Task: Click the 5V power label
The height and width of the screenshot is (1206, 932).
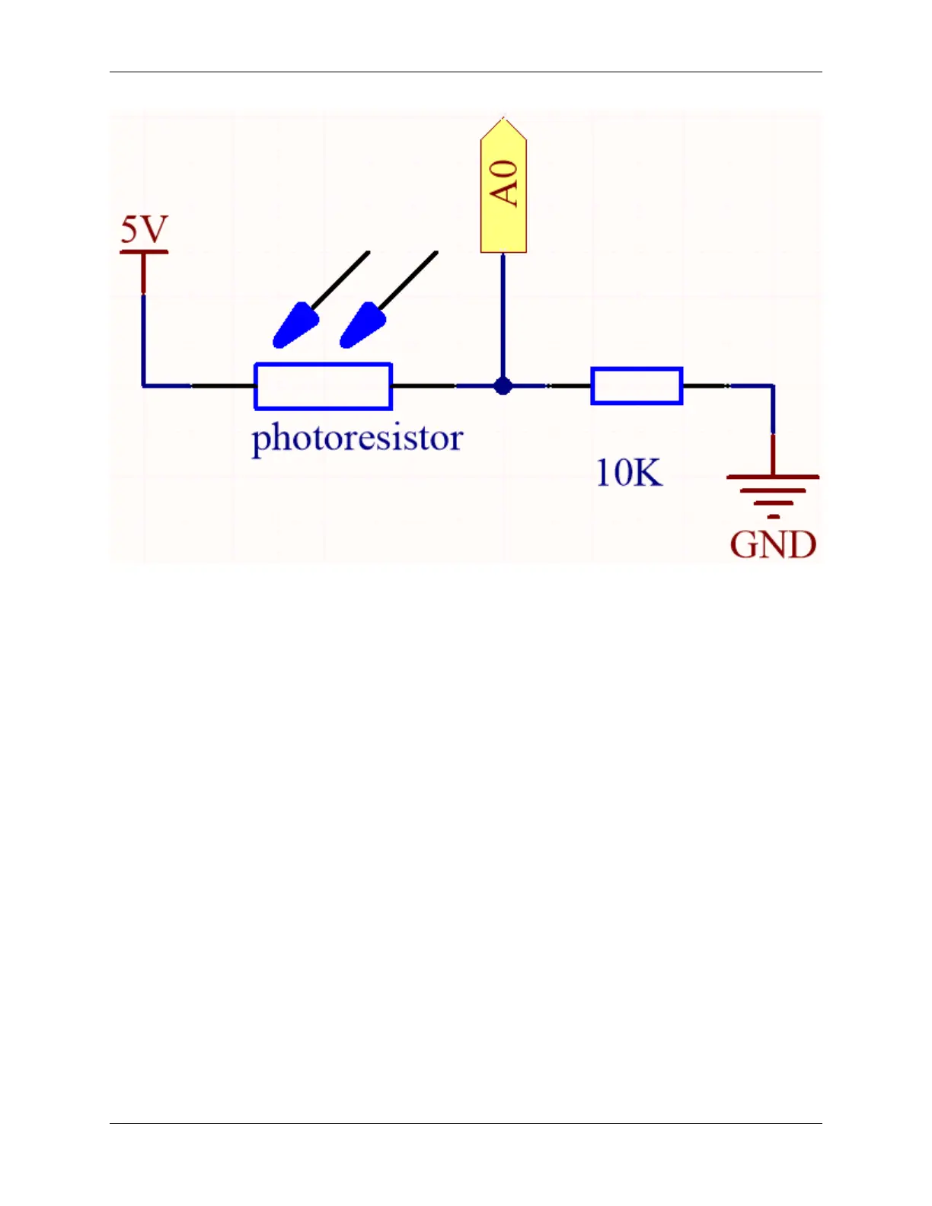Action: click(x=144, y=229)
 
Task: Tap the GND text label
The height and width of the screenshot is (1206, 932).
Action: click(x=773, y=545)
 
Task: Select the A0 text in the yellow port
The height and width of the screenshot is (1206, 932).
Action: click(x=504, y=183)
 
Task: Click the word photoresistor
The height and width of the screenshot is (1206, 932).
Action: click(x=357, y=439)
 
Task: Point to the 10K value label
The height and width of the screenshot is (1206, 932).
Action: click(x=628, y=473)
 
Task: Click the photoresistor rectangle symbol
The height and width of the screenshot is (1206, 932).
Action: click(x=323, y=386)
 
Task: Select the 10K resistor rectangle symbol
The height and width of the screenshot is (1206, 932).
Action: click(x=637, y=386)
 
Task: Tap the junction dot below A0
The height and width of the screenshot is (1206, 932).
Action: click(x=503, y=386)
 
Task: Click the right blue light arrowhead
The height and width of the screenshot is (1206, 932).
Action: click(x=362, y=325)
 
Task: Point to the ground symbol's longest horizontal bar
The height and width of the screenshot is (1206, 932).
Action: click(x=773, y=477)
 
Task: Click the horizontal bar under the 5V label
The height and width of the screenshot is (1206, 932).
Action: click(x=144, y=251)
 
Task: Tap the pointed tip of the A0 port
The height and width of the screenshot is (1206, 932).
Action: click(x=503, y=119)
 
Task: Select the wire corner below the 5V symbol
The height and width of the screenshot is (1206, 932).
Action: click(x=143, y=385)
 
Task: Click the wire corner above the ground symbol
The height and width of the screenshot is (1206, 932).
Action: click(x=773, y=386)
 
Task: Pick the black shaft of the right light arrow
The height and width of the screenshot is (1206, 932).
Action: click(x=409, y=279)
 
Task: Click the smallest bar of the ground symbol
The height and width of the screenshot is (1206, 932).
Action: click(x=774, y=517)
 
